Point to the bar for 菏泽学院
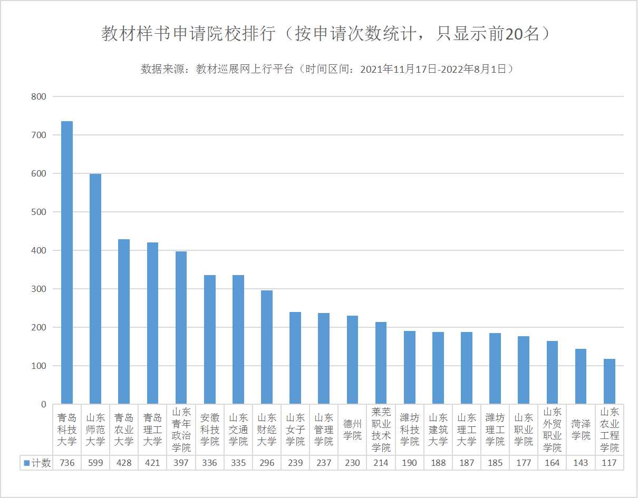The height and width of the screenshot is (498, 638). [x=581, y=376]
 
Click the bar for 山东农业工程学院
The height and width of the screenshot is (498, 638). [x=609, y=382]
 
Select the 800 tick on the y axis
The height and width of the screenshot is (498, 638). [x=39, y=96]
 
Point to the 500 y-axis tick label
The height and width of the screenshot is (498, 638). [x=39, y=212]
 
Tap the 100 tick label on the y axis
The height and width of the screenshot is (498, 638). [x=39, y=366]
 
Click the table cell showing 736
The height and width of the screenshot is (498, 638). [x=67, y=463]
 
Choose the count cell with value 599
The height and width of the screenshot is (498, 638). [x=95, y=463]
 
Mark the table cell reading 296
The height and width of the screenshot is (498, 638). [x=267, y=463]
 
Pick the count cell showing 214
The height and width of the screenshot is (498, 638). [x=381, y=463]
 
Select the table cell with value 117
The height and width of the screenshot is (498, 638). [x=609, y=463]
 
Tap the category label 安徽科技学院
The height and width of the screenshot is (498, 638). [x=210, y=429]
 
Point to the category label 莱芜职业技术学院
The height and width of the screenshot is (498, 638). [x=381, y=429]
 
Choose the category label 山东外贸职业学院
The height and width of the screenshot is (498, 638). [x=552, y=429]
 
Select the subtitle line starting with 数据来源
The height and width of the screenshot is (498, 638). [x=327, y=69]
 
